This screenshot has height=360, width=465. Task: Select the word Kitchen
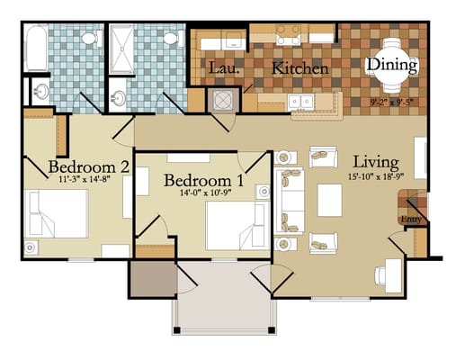click(x=300, y=68)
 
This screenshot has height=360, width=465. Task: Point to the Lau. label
click(x=223, y=68)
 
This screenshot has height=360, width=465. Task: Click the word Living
click(x=375, y=162)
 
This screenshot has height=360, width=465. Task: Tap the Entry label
click(x=410, y=218)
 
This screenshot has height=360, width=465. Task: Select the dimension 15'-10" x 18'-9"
click(x=375, y=178)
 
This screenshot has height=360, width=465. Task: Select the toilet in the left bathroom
click(x=89, y=39)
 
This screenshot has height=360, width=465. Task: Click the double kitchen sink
click(x=300, y=102)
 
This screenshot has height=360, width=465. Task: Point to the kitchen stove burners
click(x=289, y=35)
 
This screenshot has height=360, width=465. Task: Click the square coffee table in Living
click(x=330, y=200)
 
